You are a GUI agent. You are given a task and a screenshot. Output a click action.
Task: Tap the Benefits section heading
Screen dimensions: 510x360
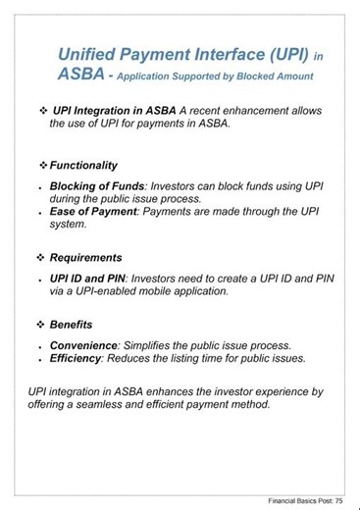[75, 324]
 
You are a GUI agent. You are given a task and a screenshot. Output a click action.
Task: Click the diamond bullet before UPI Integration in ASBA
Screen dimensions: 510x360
[43, 111]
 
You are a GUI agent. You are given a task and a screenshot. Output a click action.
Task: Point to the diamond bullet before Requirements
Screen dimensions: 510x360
[41, 258]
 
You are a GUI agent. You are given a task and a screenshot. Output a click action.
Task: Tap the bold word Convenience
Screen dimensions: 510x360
[83, 345]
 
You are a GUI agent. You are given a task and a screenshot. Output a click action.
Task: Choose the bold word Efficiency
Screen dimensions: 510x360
[79, 358]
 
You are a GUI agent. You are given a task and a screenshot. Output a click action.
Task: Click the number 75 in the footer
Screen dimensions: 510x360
[338, 501]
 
